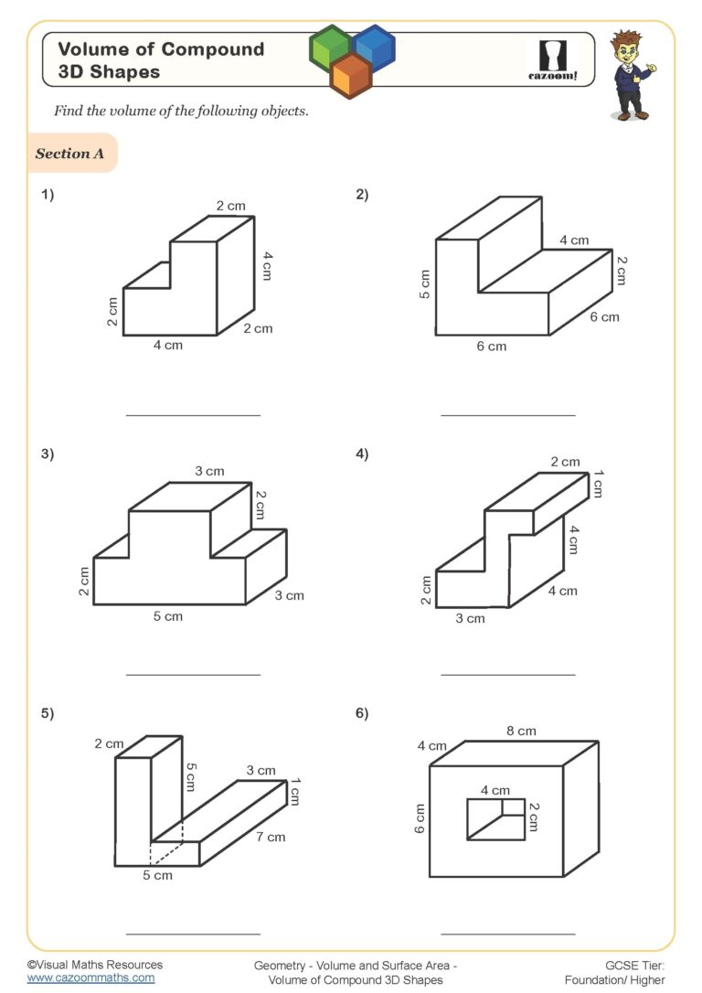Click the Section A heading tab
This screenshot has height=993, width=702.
pos(70,154)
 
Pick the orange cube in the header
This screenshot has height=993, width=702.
pos(351,75)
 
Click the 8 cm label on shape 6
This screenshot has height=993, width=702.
pos(522,731)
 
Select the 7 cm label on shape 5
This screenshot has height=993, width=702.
pos(271,837)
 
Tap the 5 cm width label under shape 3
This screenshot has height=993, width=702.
pos(167,616)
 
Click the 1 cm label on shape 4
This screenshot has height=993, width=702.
pos(598,484)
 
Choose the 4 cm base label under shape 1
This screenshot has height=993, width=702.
pos(168,347)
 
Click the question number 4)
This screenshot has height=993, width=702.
pos(362,454)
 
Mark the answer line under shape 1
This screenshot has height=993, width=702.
pos(192,415)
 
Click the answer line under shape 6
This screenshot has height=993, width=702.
pos(508,934)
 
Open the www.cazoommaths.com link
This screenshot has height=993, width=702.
pos(90,977)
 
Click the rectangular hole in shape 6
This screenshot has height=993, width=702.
pos(496,818)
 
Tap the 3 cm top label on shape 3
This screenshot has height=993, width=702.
pos(209,471)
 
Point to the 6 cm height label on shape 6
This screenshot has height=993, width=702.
pos(420,818)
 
